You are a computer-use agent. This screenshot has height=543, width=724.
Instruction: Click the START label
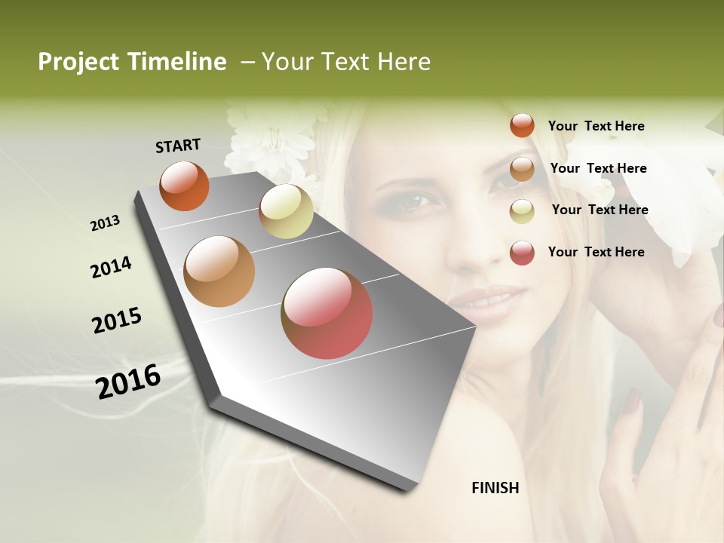178,146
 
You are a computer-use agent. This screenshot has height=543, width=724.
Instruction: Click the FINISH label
495,488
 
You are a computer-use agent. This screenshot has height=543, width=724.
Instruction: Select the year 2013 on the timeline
105,223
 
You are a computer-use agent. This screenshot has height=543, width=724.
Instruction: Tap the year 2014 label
111,267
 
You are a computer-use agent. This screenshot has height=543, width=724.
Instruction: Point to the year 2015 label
117,321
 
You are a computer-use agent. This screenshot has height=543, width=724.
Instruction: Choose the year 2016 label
128,381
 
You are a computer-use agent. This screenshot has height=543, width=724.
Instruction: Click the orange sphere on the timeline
184,186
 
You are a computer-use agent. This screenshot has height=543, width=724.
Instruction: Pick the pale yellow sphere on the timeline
286,211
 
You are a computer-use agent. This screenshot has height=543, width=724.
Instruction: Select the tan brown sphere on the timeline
219,271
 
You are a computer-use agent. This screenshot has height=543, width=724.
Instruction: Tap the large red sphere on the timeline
327,312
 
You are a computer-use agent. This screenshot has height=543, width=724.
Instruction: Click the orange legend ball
522,125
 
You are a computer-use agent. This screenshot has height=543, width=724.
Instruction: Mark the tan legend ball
522,169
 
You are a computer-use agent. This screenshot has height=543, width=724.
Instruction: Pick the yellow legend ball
522,211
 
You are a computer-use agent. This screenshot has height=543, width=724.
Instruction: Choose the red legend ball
522,253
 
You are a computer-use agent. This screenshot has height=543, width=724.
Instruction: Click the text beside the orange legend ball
596,126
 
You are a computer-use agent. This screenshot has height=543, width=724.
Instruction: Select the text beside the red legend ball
596,252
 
